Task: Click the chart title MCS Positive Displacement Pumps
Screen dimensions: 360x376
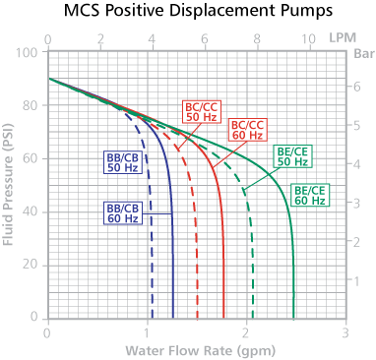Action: (x=188, y=13)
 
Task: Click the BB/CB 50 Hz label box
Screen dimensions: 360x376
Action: (x=121, y=162)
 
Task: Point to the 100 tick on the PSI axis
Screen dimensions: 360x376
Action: (x=30, y=52)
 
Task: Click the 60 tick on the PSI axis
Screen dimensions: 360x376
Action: (x=32, y=158)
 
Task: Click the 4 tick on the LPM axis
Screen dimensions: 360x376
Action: (x=153, y=39)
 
